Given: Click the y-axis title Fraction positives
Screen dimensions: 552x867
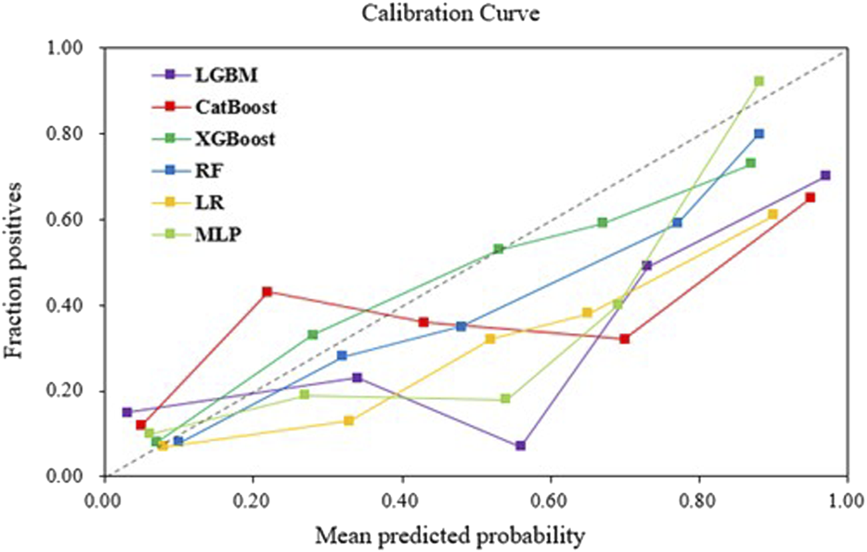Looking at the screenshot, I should (20, 262).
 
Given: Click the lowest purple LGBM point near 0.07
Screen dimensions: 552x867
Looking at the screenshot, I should (520, 445).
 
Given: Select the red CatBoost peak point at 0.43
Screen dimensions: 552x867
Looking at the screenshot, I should (267, 292).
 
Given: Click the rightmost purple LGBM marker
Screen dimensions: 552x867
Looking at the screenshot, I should (825, 176).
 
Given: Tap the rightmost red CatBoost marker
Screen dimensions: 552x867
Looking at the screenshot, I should (810, 197).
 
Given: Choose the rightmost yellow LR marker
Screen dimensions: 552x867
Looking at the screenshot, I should (772, 214).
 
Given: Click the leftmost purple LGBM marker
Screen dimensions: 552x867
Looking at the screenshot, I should (127, 412).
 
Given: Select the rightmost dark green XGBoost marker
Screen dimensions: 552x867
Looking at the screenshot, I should (750, 163).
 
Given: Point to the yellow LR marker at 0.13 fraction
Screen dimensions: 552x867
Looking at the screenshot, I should (349, 420).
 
